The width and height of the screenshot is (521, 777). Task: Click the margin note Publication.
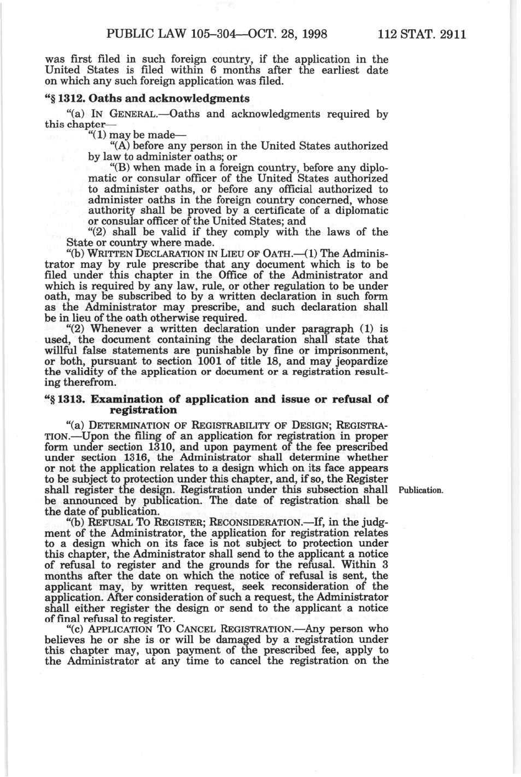coord(421,490)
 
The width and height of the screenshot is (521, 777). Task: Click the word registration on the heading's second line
coord(144,410)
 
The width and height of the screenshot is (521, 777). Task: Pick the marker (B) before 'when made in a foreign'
coord(120,168)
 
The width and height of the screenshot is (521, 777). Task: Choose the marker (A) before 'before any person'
coord(120,146)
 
